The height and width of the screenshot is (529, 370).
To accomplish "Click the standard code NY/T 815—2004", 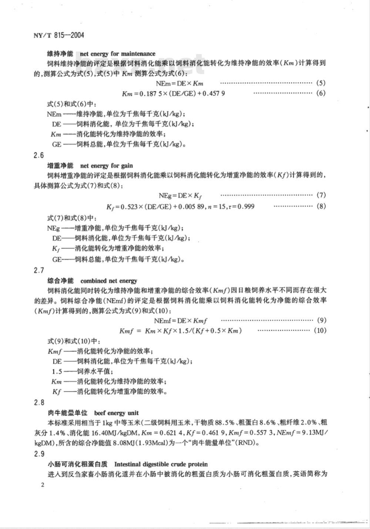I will [x=58, y=35].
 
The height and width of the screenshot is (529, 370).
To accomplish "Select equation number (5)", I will [x=321, y=83].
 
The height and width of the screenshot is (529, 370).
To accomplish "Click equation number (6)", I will [x=321, y=93].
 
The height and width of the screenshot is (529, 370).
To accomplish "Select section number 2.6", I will [x=39, y=155].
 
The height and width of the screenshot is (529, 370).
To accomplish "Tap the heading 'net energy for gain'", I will [x=106, y=166].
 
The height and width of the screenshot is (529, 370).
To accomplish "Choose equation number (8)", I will [x=321, y=206].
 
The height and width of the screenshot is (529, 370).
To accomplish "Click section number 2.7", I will [x=39, y=270].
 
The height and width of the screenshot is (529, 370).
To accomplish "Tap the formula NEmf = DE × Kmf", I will [x=180, y=320].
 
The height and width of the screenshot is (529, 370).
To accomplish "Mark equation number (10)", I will [x=320, y=330].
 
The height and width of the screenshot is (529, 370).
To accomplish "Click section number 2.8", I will [x=39, y=402].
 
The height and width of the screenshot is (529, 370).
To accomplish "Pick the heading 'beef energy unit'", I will [x=116, y=412].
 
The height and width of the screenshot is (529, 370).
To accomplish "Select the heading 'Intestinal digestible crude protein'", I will [x=161, y=464].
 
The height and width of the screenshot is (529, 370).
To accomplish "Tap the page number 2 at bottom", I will [x=43, y=485].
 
